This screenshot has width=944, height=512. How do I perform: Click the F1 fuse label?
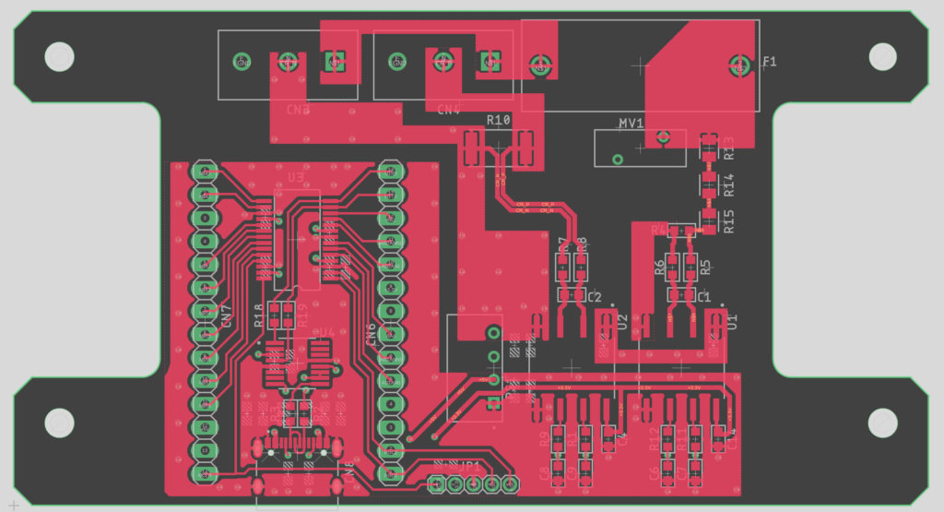[770, 62]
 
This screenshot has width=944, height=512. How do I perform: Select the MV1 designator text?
[631, 123]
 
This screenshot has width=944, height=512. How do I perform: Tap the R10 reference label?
[498, 121]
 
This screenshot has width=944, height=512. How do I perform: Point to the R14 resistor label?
[729, 185]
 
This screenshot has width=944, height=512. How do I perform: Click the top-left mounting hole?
[60, 57]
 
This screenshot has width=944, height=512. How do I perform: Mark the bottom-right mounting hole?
[882, 423]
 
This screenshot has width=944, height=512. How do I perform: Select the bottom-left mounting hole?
[60, 423]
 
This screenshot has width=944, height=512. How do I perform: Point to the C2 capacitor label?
[595, 297]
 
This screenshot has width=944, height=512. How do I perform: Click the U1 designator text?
[733, 321]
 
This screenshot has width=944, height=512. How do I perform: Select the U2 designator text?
[623, 321]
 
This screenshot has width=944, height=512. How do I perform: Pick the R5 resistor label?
[705, 268]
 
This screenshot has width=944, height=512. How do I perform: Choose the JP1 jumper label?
[471, 467]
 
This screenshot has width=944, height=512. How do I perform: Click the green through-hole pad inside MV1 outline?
[619, 159]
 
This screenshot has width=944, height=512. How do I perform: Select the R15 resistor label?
[729, 221]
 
